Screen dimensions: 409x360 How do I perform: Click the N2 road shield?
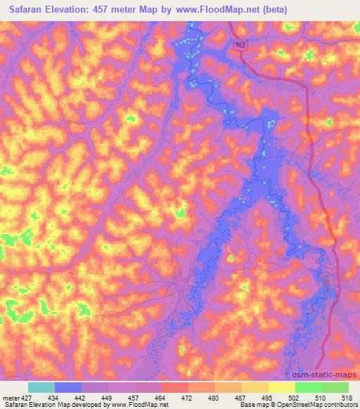coord(241,44)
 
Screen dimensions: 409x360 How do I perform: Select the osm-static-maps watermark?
coord(328,376)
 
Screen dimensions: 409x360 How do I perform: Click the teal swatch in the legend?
coord(41,387)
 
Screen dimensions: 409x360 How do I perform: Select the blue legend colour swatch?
coord(68,387)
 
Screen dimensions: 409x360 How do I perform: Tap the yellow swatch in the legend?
coord(281,387)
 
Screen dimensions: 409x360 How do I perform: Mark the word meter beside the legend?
coord(11,398)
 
